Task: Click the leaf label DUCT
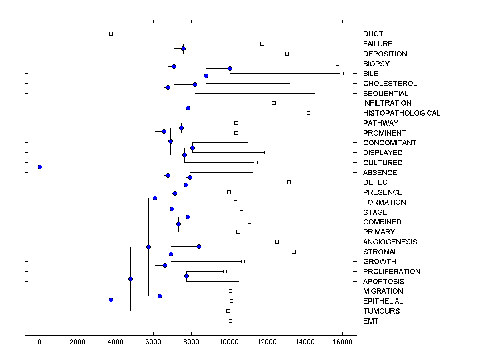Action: tap(373, 34)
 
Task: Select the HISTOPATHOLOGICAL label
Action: tap(401, 113)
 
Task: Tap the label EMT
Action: tap(370, 321)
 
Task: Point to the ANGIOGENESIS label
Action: tap(390, 242)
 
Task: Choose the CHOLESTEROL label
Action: tap(390, 84)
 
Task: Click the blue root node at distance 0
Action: tap(40, 167)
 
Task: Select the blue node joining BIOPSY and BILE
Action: tap(230, 68)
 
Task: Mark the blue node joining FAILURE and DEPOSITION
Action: tap(183, 48)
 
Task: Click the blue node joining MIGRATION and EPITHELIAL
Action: tap(160, 296)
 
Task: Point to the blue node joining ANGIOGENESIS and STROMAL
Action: tap(199, 246)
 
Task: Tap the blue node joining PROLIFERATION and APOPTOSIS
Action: tap(186, 276)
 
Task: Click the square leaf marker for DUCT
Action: tap(111, 34)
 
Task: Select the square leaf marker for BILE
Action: tap(342, 73)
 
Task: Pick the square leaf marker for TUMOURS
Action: tap(228, 311)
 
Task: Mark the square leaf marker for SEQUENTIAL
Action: tap(316, 93)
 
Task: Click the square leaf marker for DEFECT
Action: tap(289, 182)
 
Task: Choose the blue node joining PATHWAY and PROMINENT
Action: tap(181, 128)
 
